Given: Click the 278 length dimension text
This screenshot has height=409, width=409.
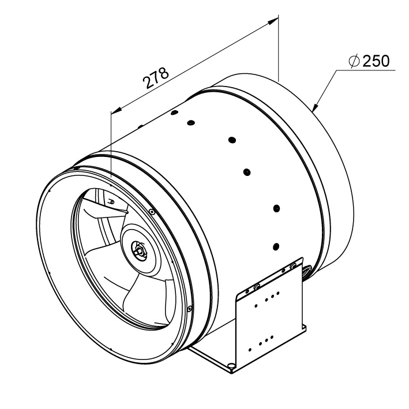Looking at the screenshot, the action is click(155, 78).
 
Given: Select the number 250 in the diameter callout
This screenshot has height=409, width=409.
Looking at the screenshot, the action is click(376, 61).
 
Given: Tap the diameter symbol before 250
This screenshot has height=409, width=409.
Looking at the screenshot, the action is click(354, 62).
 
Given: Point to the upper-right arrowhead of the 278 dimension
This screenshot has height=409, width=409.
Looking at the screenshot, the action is click(273, 21).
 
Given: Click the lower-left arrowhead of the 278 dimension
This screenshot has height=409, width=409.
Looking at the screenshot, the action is click(117, 111).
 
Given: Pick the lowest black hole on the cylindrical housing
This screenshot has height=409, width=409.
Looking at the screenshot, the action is click(276, 246).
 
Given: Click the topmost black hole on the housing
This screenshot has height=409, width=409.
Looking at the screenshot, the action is click(174, 112).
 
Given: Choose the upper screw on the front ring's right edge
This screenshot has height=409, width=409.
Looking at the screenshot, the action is click(152, 212).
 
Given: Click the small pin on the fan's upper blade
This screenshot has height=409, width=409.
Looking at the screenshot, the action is click(112, 201).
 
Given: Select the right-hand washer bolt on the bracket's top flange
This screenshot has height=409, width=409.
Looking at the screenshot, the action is click(294, 265).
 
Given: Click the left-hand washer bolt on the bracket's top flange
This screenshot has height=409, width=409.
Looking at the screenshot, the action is click(256, 286).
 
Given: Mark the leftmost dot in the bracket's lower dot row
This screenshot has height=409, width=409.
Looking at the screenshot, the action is click(250, 349).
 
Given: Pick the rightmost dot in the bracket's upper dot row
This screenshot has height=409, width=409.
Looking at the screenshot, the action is click(278, 293).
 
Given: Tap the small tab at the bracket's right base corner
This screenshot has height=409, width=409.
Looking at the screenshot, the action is click(304, 327).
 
